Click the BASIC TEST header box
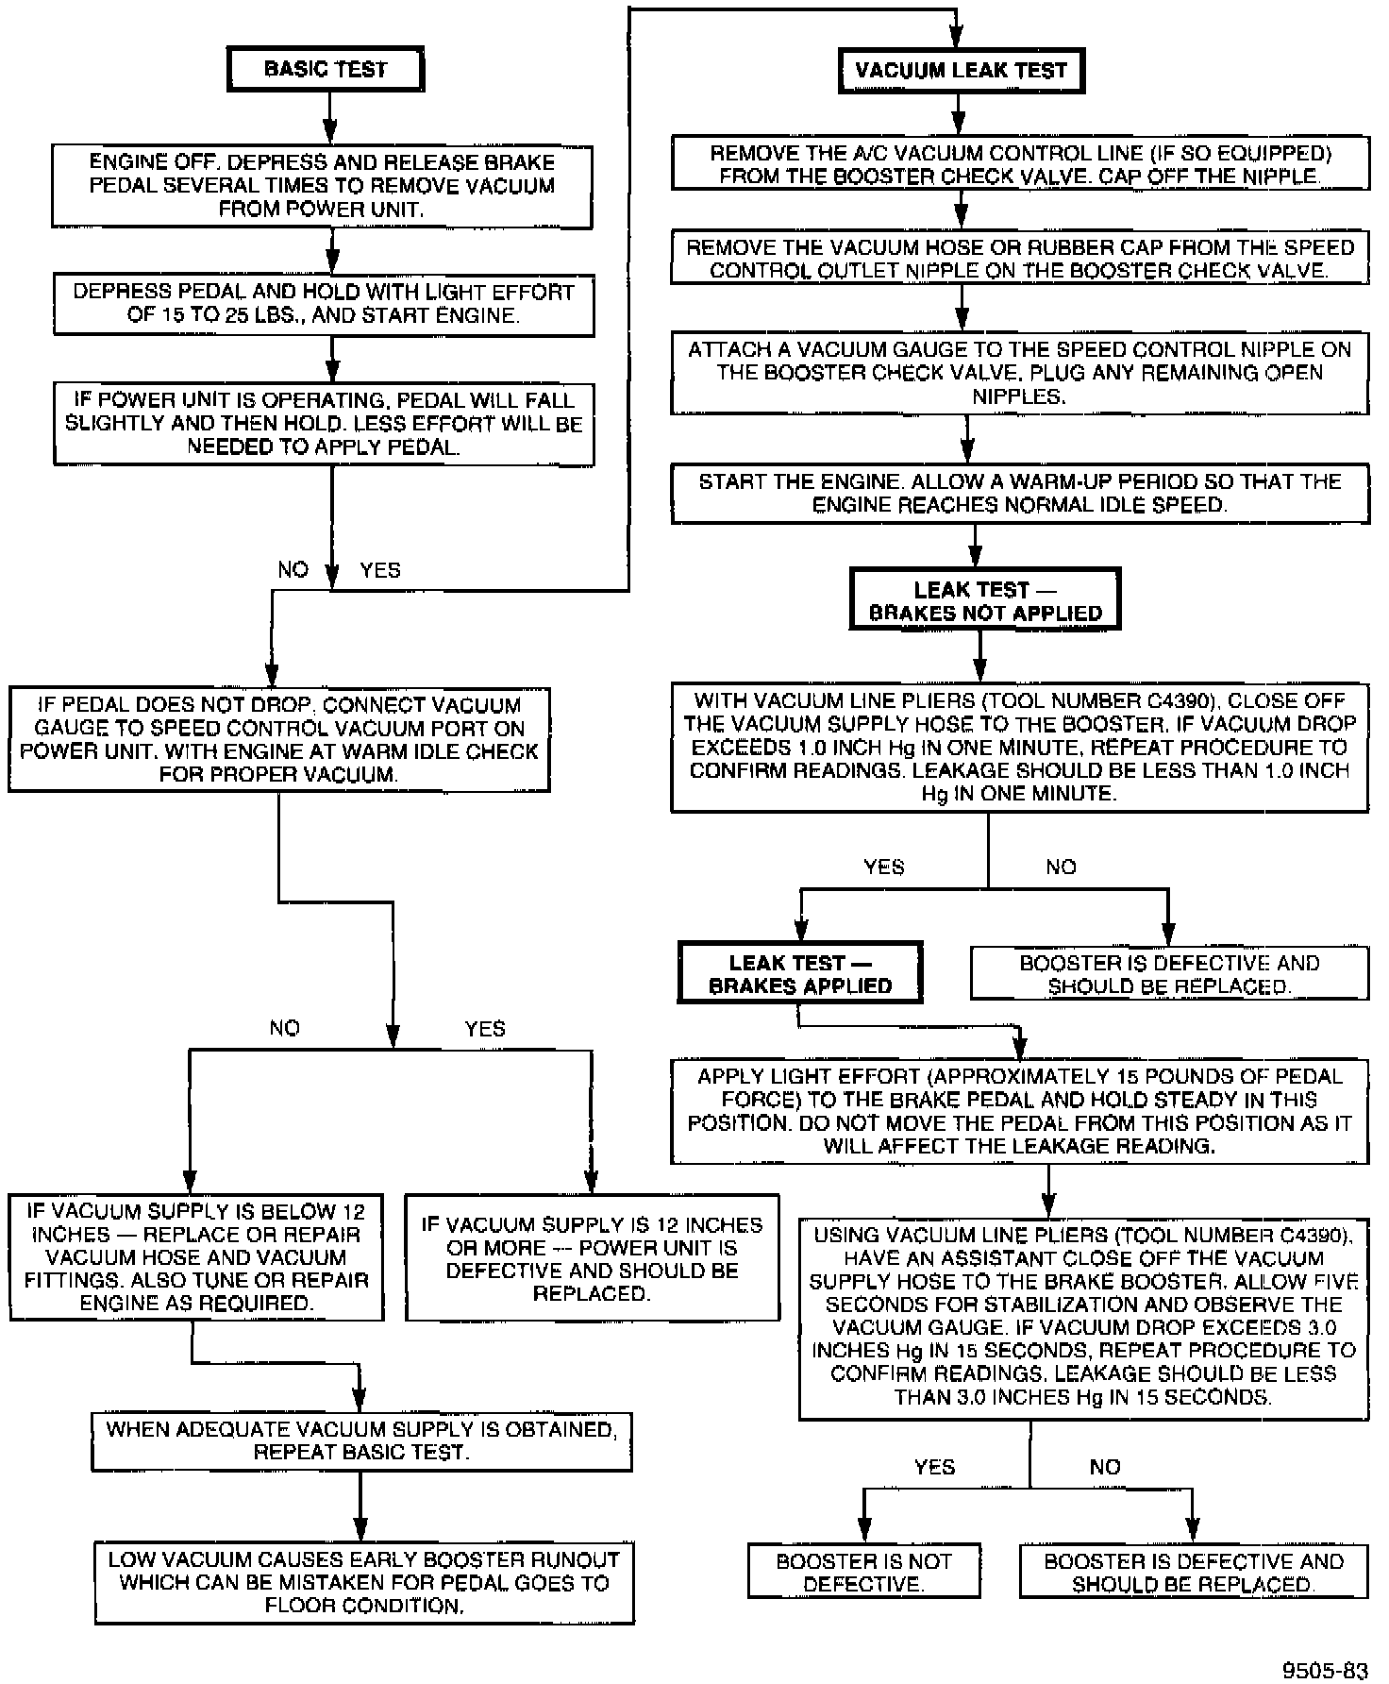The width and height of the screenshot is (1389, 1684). point(326,69)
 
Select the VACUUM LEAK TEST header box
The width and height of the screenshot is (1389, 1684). point(961,70)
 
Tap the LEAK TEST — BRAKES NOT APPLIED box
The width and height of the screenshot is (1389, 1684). point(984,600)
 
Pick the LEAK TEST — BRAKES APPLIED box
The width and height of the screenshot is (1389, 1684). point(799,973)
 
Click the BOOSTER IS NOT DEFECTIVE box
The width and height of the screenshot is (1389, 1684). point(863,1572)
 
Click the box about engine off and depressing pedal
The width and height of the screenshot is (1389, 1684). point(322,186)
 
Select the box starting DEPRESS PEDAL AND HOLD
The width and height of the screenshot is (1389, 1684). point(324,304)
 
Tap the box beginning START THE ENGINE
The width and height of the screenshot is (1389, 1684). point(1019,493)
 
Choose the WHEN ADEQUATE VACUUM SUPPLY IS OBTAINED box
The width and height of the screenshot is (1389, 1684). point(361,1440)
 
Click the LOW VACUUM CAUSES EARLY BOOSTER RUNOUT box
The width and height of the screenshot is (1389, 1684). point(364,1582)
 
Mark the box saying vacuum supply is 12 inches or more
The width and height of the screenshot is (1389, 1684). point(592,1258)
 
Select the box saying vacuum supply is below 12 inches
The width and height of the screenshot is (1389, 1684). point(196,1256)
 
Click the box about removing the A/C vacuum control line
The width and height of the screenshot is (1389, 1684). point(1019,164)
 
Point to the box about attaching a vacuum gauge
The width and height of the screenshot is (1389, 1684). point(1019,372)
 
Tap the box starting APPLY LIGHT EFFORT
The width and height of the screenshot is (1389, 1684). point(1019,1111)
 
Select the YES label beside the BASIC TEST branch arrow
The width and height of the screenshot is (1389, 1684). point(380,570)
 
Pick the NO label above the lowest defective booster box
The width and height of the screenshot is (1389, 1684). point(1104,1467)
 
